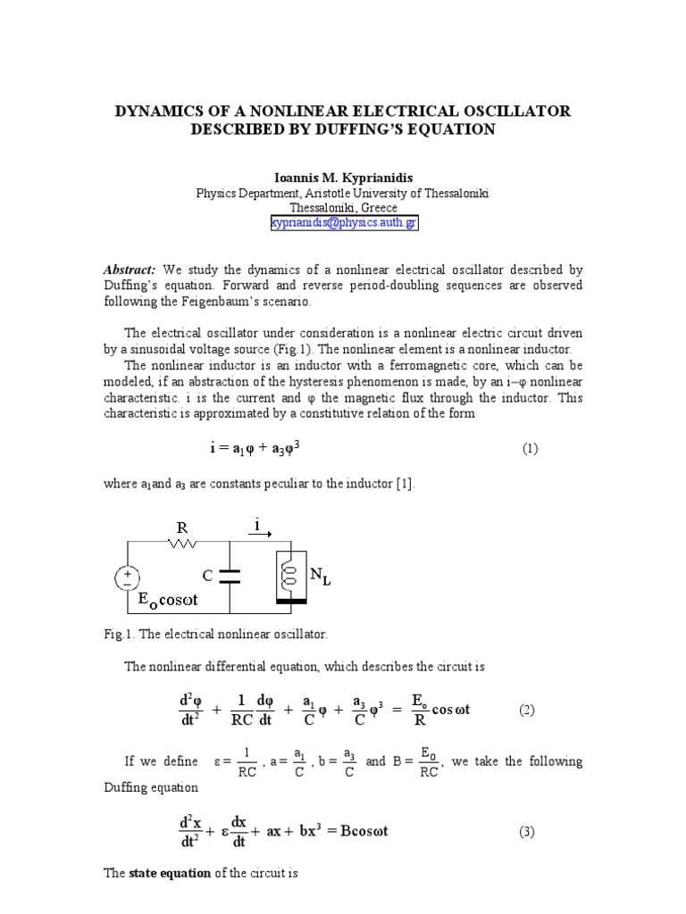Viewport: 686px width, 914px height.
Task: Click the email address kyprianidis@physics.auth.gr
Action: pos(343,223)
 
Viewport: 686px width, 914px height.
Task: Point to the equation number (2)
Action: pos(527,710)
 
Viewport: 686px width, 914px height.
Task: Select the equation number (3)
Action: pos(527,832)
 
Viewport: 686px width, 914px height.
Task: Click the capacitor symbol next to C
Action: pos(230,577)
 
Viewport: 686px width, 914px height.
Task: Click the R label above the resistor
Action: pos(181,528)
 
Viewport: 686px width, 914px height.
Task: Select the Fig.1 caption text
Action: pos(216,634)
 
